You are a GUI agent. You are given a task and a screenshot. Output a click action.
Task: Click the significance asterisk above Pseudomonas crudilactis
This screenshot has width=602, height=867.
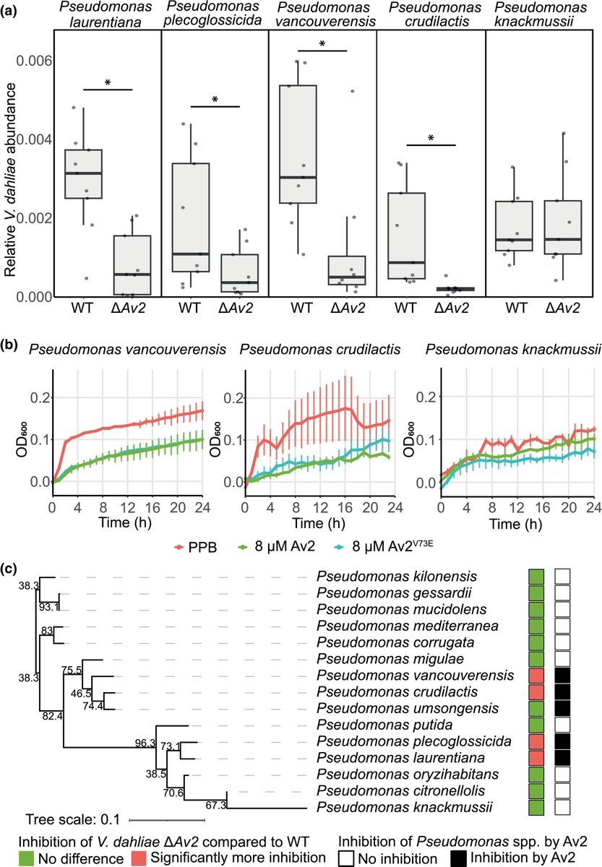431,137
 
